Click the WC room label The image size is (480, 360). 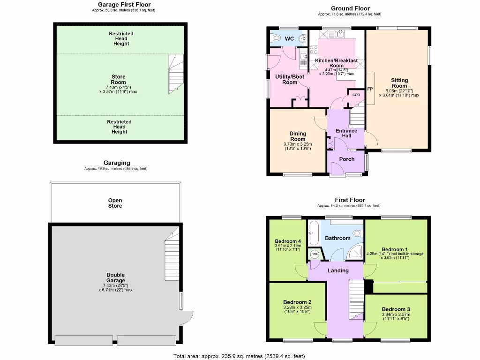pyautogui.click(x=289, y=39)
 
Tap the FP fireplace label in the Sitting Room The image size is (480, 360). pyautogui.click(x=370, y=89)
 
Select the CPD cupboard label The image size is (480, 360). pyautogui.click(x=356, y=95)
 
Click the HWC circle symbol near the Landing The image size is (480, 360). pyautogui.click(x=315, y=254)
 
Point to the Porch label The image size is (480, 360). pyautogui.click(x=346, y=159)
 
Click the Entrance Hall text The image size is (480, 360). pyautogui.click(x=346, y=133)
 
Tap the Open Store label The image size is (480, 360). pyautogui.click(x=115, y=203)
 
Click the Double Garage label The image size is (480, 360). pyautogui.click(x=115, y=277)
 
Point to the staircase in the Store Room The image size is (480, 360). pyautogui.click(x=175, y=74)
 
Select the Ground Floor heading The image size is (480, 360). pyautogui.click(x=350, y=8)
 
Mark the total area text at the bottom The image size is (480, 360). pyautogui.click(x=240, y=356)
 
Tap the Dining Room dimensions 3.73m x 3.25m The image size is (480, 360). pyautogui.click(x=298, y=146)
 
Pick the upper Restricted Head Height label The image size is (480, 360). pyautogui.click(x=121, y=38)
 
